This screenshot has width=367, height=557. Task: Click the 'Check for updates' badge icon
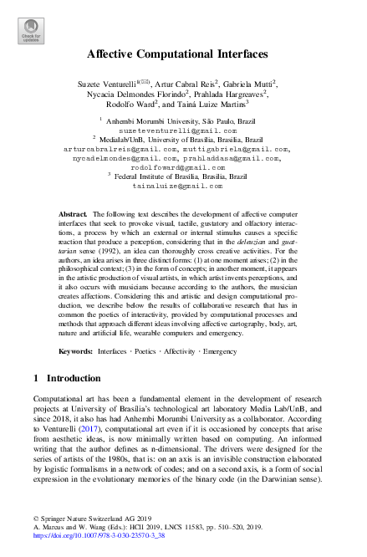[30, 33]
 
